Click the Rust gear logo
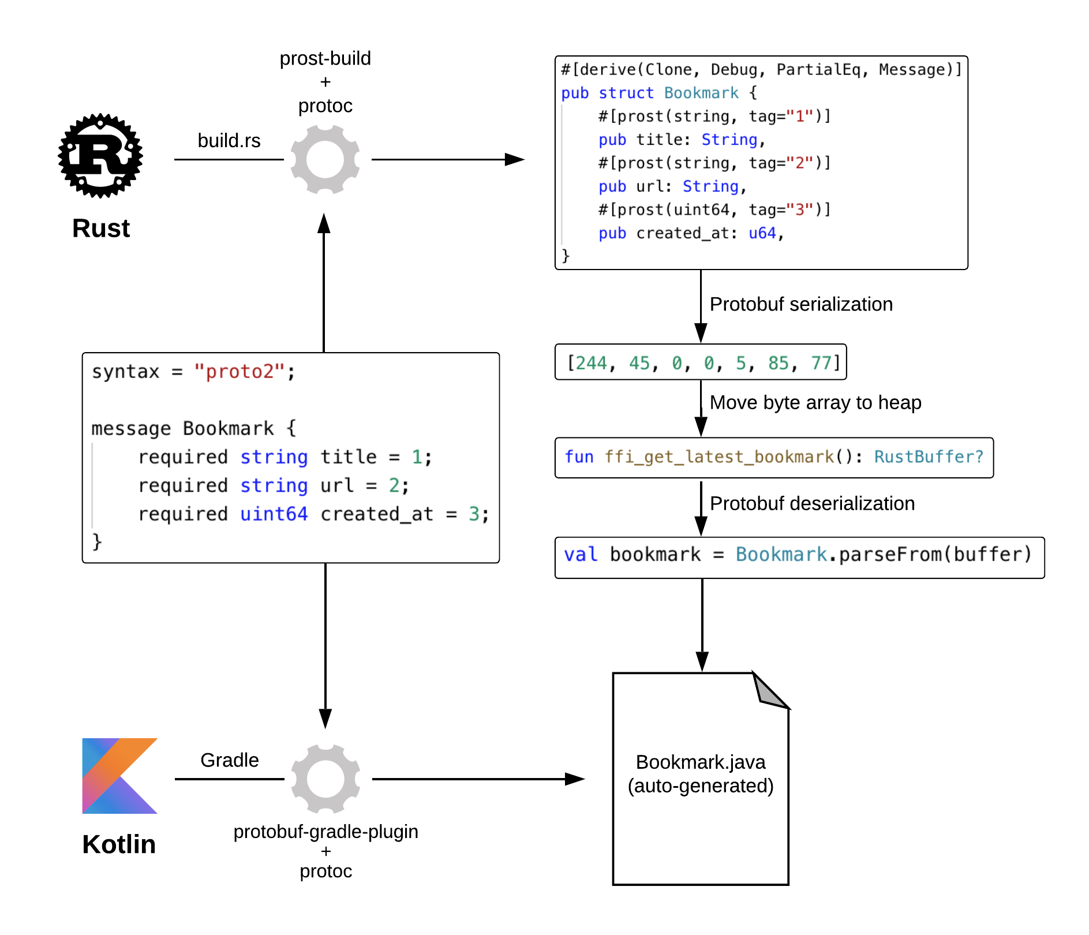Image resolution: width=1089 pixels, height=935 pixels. click(100, 156)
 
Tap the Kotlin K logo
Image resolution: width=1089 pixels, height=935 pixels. click(119, 776)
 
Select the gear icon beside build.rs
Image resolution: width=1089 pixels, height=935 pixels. click(325, 159)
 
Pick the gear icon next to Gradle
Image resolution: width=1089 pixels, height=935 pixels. click(325, 779)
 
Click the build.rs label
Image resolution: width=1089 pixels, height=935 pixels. click(229, 141)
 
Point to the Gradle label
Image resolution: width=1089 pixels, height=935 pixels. click(229, 760)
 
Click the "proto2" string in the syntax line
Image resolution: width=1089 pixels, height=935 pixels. click(239, 372)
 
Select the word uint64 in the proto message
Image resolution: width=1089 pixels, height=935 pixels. click(274, 514)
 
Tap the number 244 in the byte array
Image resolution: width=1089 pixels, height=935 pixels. click(592, 363)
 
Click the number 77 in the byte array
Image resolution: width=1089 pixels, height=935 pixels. click(821, 363)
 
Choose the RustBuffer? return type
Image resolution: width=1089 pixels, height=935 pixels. click(929, 457)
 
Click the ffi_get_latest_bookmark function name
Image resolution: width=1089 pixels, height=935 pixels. click(719, 457)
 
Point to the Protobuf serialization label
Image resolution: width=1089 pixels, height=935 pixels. click(801, 304)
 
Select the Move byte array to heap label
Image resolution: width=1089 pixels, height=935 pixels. click(815, 402)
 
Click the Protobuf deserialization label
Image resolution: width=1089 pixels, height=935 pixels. click(812, 503)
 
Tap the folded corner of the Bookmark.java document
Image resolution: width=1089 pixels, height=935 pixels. click(770, 690)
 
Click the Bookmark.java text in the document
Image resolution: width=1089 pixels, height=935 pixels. click(701, 762)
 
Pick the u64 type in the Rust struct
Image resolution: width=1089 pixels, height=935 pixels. click(762, 233)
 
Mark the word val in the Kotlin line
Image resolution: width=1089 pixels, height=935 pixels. click(580, 555)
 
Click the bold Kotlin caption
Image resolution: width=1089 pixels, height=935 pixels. click(119, 844)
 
